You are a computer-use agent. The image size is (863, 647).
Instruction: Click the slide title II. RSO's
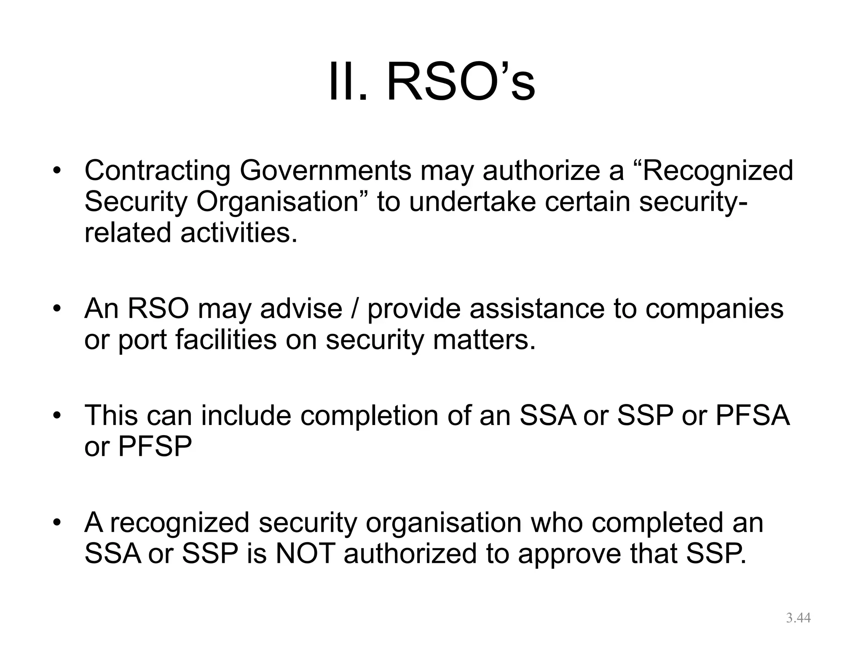[x=431, y=81]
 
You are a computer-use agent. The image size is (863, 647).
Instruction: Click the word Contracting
[x=157, y=171]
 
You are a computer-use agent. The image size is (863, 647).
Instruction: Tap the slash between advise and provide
[x=355, y=309]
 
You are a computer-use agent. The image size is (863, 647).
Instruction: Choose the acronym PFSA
[x=753, y=415]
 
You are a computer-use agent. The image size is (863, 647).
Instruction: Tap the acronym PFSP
[x=155, y=446]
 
